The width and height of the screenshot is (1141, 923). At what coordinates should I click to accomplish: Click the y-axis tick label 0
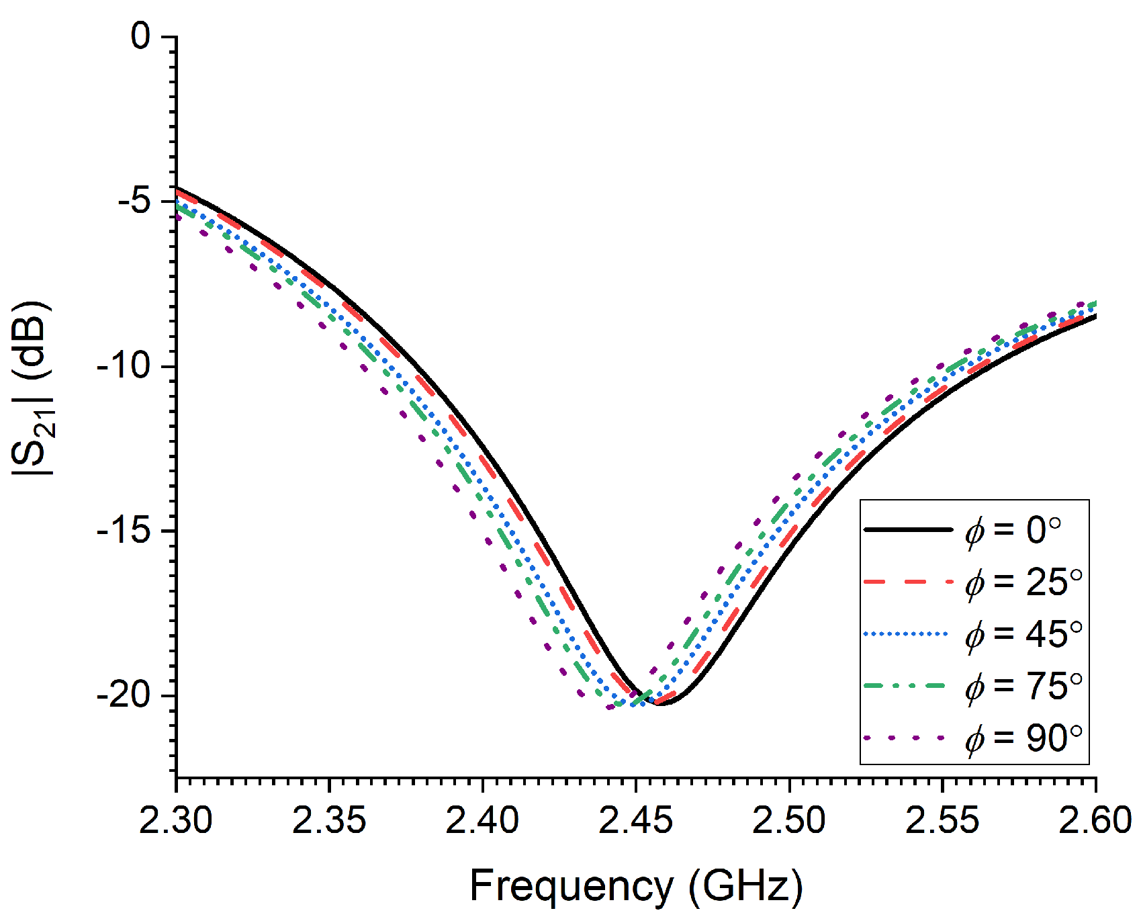141,36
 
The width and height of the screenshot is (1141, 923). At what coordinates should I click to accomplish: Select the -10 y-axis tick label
126,366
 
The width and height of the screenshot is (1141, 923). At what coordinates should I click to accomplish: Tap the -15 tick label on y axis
126,531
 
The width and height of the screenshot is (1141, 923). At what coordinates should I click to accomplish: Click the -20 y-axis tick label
126,695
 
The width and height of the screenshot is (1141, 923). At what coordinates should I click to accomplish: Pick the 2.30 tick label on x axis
176,821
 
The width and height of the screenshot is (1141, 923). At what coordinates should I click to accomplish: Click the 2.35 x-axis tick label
329,821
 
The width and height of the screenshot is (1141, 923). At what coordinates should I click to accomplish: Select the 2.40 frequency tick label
482,821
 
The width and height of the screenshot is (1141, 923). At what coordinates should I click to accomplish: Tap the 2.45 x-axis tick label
635,821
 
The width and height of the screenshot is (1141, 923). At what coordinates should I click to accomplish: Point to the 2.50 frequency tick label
789,821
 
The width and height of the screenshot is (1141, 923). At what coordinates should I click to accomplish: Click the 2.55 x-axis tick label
942,821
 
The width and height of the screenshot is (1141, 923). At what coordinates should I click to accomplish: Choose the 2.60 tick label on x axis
1095,821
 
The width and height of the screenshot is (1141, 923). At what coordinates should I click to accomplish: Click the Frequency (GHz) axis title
636,886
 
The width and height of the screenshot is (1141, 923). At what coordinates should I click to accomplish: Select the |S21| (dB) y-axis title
32,388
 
